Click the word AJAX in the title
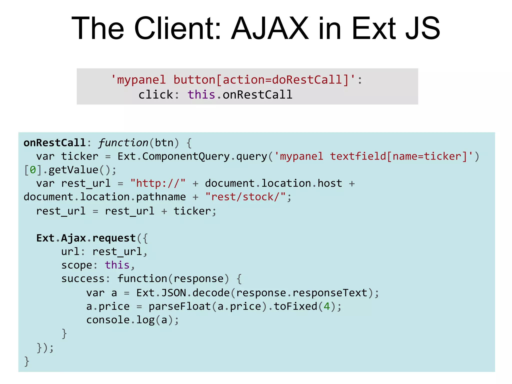[x=270, y=28]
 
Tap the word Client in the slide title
[x=178, y=28]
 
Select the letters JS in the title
[x=422, y=28]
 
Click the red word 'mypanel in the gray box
[x=138, y=80]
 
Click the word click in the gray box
[x=156, y=95]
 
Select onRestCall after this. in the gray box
[x=257, y=95]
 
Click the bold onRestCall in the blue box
[x=55, y=143]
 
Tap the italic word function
[x=123, y=143]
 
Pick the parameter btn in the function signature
[x=164, y=143]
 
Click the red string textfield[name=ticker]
[x=398, y=156]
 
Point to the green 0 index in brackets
[x=33, y=170]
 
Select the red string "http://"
[x=158, y=183]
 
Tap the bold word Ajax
[x=73, y=238]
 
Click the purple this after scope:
[x=117, y=265]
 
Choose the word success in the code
[x=83, y=279]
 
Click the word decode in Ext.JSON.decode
[x=211, y=293]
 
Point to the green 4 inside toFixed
[x=326, y=306]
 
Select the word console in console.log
[x=108, y=320]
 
